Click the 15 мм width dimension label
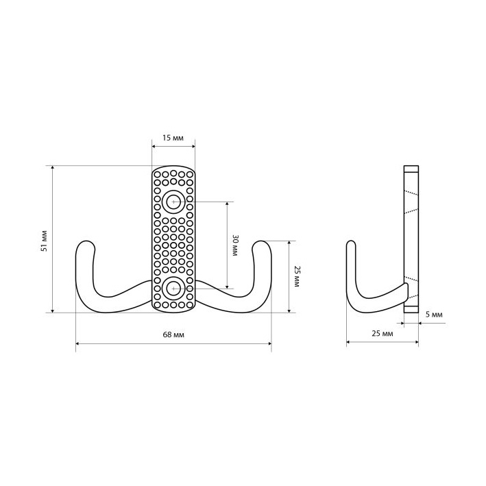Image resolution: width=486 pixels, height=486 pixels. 173,138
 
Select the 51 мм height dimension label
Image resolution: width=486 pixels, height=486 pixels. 45,241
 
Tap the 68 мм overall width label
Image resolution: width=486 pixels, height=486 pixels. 173,335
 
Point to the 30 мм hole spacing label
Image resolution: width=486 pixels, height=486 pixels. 235,245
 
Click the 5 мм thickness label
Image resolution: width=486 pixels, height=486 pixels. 434,315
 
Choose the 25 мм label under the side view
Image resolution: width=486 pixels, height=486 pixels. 382,334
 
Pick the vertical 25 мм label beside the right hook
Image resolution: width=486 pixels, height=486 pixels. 297,276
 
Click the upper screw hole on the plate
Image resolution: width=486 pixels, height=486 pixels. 173,202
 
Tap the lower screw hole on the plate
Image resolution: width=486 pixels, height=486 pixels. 173,289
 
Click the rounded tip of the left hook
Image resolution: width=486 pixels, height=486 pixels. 85,242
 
